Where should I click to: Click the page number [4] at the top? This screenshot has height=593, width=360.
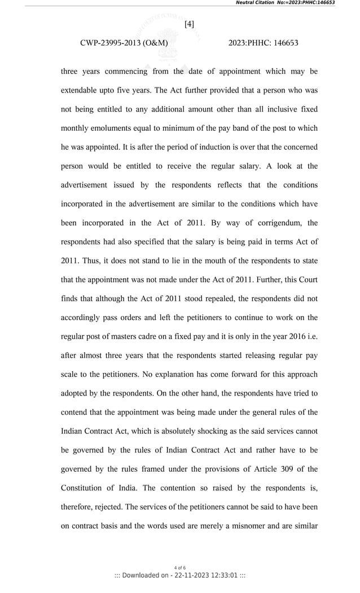coord(189,24)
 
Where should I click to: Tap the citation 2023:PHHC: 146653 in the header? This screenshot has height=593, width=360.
coord(264,43)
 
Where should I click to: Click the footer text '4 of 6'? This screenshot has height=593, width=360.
coord(179,568)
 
